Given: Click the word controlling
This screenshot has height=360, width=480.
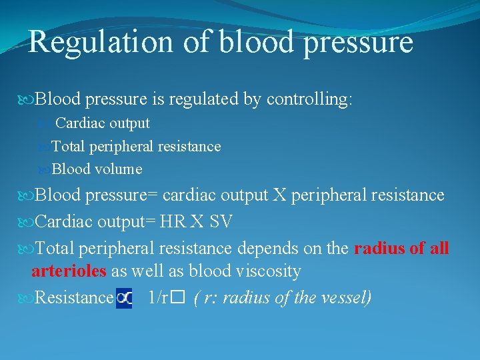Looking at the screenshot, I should (x=309, y=100).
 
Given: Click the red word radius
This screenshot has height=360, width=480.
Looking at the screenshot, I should (x=379, y=249).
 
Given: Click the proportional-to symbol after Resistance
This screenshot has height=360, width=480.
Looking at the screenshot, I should (x=124, y=297).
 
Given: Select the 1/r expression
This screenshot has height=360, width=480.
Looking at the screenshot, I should (x=158, y=297).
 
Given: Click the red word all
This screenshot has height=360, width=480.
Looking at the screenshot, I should (x=439, y=249).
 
